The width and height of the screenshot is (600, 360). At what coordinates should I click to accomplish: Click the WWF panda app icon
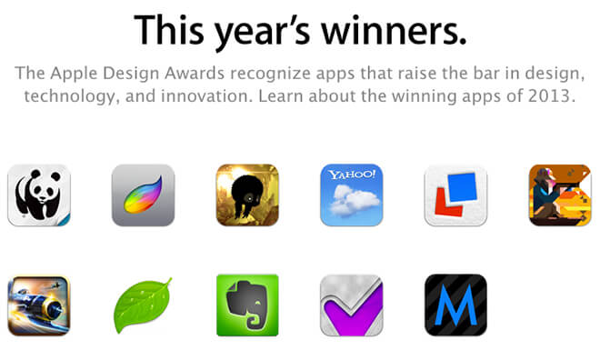pos(38,195)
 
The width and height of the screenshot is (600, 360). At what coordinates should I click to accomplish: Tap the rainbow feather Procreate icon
pos(143,195)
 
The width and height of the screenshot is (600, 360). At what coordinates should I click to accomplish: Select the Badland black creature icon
pos(246,195)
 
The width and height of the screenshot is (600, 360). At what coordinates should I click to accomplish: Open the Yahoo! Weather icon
pos(351,195)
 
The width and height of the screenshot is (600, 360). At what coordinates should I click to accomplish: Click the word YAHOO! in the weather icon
pos(351,175)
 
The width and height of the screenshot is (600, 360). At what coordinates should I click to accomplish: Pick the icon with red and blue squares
pos(455,195)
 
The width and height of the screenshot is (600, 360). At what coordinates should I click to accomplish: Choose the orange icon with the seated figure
pos(559,195)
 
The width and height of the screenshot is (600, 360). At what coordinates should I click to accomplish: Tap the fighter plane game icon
pos(38,305)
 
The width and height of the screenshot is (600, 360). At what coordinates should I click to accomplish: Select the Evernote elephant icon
pos(246,305)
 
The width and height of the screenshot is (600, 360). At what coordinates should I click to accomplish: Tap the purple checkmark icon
pos(351,305)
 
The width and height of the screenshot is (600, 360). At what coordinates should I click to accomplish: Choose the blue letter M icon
pos(455,305)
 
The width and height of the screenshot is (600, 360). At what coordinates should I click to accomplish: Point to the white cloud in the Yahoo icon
pos(349,204)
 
